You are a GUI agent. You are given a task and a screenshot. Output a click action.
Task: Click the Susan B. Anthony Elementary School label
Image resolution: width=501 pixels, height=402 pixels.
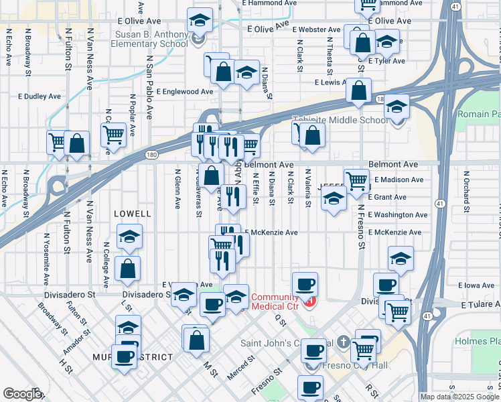152,38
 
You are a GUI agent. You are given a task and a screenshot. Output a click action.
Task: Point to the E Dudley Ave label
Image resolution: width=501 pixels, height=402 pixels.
40,96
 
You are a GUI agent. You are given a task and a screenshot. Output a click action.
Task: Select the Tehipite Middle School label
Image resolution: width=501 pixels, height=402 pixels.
340,121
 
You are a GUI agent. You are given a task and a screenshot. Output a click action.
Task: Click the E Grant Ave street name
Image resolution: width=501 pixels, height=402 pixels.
390,197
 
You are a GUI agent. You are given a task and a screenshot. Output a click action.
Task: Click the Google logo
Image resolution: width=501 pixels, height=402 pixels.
22,394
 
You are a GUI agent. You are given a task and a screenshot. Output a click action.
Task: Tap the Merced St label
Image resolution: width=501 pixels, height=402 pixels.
240,367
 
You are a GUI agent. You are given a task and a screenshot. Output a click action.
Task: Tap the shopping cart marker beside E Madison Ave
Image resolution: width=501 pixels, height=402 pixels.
356,180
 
